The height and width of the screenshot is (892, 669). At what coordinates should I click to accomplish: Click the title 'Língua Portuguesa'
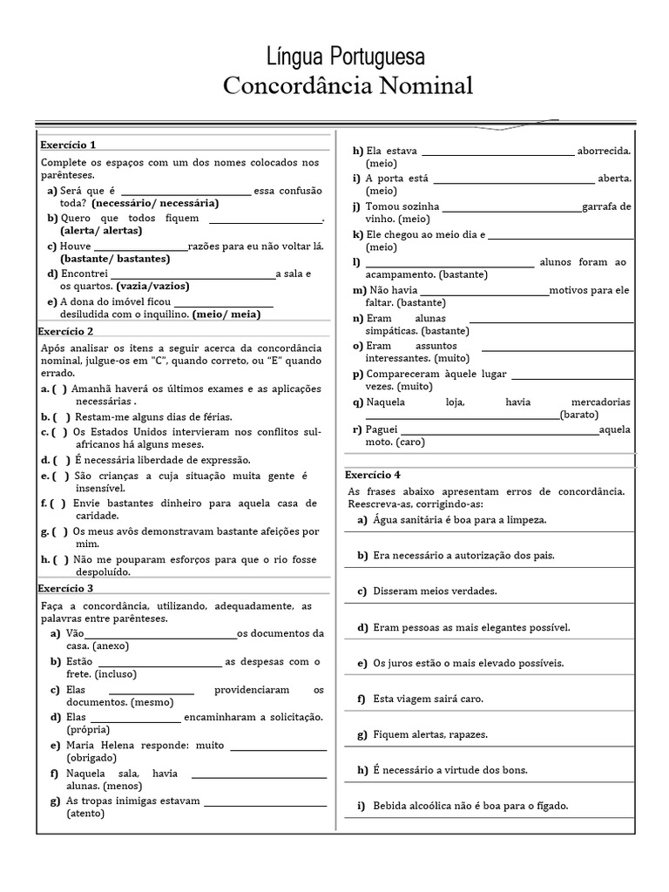pos(347,57)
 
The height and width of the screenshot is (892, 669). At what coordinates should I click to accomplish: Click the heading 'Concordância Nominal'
pos(348,86)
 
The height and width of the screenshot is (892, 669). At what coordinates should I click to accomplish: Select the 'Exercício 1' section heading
pos(67,145)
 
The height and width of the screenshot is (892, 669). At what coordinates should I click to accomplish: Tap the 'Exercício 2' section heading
pos(67,331)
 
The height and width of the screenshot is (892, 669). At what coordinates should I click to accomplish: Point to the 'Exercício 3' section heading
pos(67,589)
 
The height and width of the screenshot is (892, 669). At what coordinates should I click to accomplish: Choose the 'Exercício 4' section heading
pos(373,475)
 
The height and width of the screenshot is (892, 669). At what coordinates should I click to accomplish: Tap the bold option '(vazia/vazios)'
pos(152,286)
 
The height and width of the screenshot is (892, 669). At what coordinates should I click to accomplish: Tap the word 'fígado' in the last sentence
pos(551,806)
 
